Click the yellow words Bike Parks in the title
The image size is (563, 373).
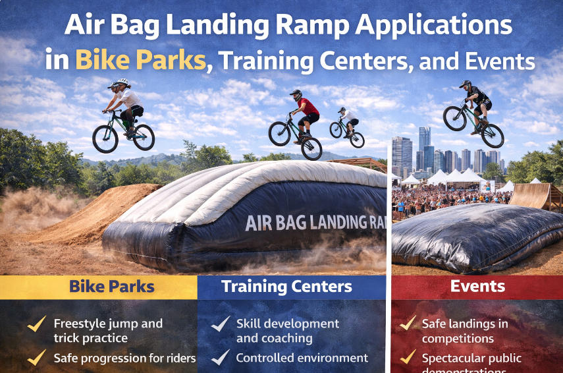click(140, 60)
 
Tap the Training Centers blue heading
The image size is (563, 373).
click(286, 287)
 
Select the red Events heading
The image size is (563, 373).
click(477, 286)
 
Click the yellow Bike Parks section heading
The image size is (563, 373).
click(112, 287)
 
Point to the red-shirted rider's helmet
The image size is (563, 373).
click(296, 95)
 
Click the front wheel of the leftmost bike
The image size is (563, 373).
click(142, 137)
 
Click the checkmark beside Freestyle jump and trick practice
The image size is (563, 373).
click(36, 324)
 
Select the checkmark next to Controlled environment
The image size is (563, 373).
click(219, 358)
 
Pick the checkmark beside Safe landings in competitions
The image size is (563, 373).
click(409, 324)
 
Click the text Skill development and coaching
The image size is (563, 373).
click(287, 331)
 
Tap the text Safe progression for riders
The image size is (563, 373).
click(124, 358)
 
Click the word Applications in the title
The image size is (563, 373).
click(431, 26)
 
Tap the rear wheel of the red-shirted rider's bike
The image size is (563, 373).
click(279, 133)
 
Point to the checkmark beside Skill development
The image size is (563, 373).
click(219, 324)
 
